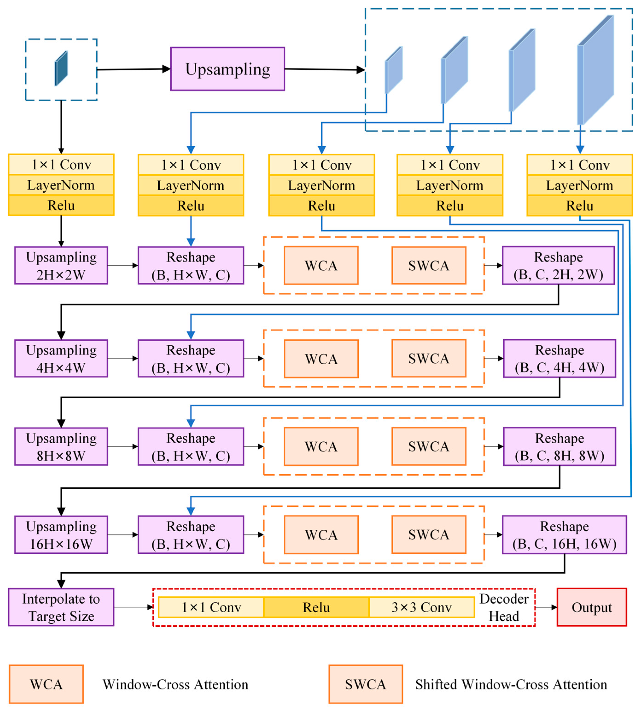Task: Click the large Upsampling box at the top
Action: pyautogui.click(x=227, y=69)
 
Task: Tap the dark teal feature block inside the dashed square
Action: pyautogui.click(x=61, y=68)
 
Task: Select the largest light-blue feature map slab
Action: pyautogui.click(x=596, y=70)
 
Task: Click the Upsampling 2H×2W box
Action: pyautogui.click(x=61, y=266)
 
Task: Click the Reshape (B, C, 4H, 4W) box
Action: pyautogui.click(x=559, y=358)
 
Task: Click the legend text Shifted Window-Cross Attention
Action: pyautogui.click(x=511, y=684)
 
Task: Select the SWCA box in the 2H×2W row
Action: pyautogui.click(x=429, y=266)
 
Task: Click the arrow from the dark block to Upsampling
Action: pyautogui.click(x=133, y=69)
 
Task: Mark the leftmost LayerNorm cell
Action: pyautogui.click(x=61, y=185)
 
